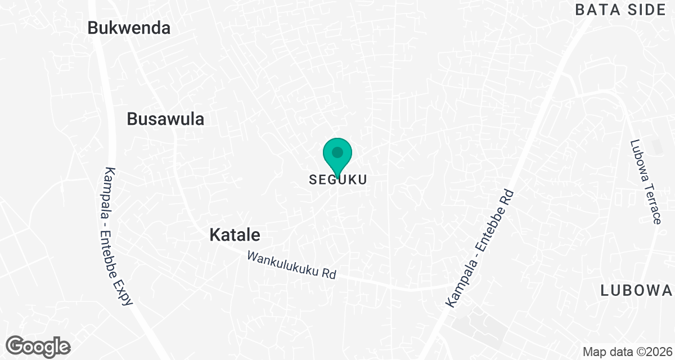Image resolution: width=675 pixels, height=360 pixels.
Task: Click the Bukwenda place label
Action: (129, 29)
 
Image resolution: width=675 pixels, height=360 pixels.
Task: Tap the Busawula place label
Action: (165, 119)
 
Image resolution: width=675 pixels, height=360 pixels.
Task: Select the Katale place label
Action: (235, 235)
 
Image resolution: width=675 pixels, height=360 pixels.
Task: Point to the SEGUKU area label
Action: (337, 180)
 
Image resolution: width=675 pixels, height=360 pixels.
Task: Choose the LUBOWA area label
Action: (636, 291)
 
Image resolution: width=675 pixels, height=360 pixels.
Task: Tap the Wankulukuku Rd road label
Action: (291, 265)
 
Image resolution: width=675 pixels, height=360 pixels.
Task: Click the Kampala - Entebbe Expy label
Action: (118, 236)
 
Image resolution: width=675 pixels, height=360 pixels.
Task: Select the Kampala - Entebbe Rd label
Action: (481, 248)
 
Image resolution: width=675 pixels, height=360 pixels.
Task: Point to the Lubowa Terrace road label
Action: (645, 181)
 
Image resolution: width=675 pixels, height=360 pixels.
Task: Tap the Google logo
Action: (39, 346)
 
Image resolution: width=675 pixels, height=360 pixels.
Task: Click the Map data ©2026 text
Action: (627, 352)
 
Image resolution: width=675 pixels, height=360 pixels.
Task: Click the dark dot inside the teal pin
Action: (337, 152)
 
